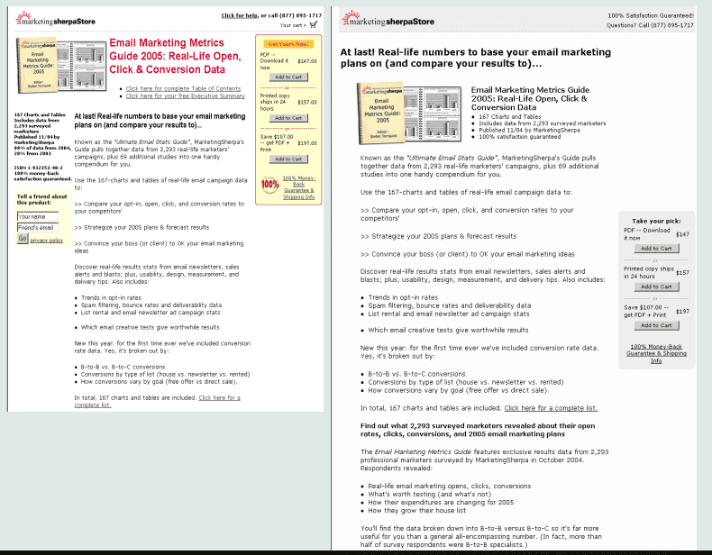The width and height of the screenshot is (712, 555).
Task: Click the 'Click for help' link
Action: pos(240,15)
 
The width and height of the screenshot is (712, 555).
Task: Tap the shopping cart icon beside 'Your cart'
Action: pos(313,25)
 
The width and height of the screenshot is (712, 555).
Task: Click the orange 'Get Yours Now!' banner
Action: pos(288,43)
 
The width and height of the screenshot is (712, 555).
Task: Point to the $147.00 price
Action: pos(307,61)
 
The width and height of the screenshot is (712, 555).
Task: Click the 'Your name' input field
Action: pos(37,216)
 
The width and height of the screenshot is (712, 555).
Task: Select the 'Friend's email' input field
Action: pos(37,227)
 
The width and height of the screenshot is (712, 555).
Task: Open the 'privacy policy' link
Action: pos(47,241)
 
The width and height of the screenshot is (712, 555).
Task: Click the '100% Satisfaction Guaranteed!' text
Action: pos(651,15)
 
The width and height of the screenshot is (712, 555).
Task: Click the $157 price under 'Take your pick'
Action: pos(682,272)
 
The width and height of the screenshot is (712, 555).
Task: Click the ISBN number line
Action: pos(37,166)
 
